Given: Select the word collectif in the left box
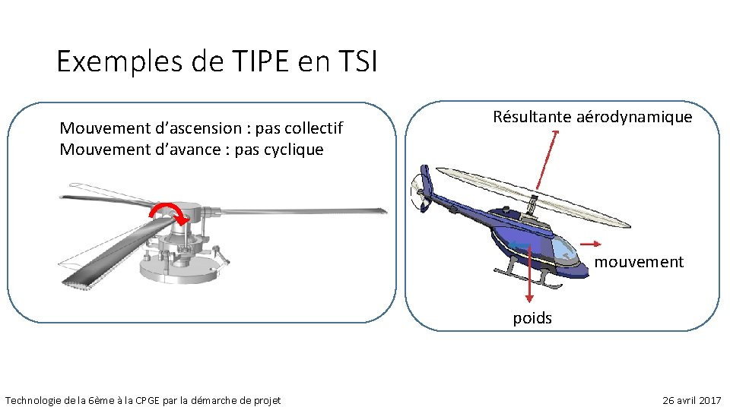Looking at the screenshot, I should coord(312,128).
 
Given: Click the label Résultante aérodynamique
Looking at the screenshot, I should coord(592,117).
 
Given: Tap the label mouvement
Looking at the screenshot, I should coord(639,262).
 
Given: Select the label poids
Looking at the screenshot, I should coord(532,318).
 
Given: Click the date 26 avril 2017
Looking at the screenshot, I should coord(692,400).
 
